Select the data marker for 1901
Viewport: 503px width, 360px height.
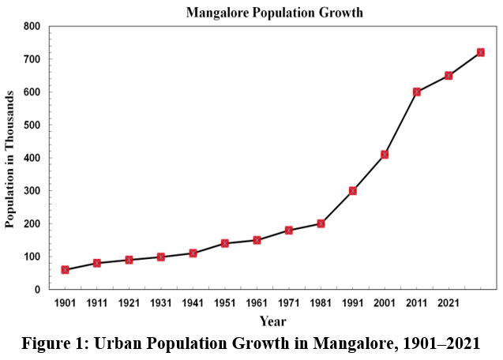click(65, 270)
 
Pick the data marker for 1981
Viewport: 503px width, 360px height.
click(321, 223)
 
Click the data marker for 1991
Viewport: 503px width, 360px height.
click(353, 190)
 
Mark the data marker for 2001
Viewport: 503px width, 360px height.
click(385, 154)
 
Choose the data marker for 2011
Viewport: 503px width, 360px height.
click(416, 92)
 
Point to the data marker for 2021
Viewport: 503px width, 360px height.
click(449, 75)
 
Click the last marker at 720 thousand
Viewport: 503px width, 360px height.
click(480, 52)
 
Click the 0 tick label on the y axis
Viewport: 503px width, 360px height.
click(36, 290)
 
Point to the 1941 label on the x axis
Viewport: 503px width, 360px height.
click(193, 304)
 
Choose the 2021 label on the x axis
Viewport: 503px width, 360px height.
click(449, 304)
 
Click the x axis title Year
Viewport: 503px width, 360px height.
click(272, 321)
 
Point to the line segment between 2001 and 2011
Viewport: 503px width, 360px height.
click(400, 123)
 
